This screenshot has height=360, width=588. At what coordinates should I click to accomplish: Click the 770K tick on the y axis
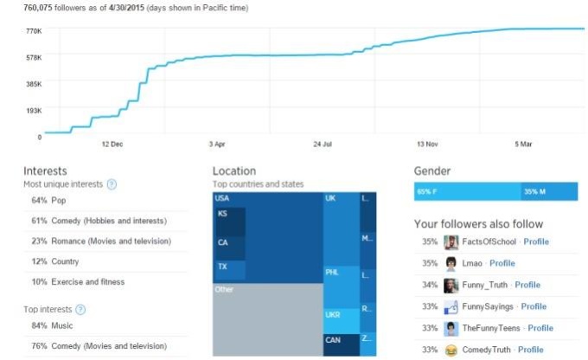pos(33,31)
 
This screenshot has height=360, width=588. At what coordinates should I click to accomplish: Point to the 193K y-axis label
pos(33,111)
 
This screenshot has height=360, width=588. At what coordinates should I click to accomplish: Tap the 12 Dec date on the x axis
pos(112,145)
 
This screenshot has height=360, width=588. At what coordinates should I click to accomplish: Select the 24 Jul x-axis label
pos(323,145)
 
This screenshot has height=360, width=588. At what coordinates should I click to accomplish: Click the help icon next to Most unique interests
pos(112,184)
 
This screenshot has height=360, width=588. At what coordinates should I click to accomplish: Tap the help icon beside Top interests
pos(80,309)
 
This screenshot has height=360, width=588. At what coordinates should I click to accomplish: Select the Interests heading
pos(45,171)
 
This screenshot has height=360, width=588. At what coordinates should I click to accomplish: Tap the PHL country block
pos(332,272)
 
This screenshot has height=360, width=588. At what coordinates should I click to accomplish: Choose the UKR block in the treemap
pos(333,316)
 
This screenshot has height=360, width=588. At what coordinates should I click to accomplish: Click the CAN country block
pos(333,340)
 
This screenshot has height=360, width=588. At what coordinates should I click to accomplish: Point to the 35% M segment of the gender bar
pos(548,191)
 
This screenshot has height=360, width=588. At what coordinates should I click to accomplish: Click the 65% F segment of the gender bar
pos(467,191)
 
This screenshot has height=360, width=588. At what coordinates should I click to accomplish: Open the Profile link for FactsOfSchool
pos(535,241)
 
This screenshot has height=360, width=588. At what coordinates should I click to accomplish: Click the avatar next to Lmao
pos(451,263)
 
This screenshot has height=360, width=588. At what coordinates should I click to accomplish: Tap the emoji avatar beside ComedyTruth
pos(451,350)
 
